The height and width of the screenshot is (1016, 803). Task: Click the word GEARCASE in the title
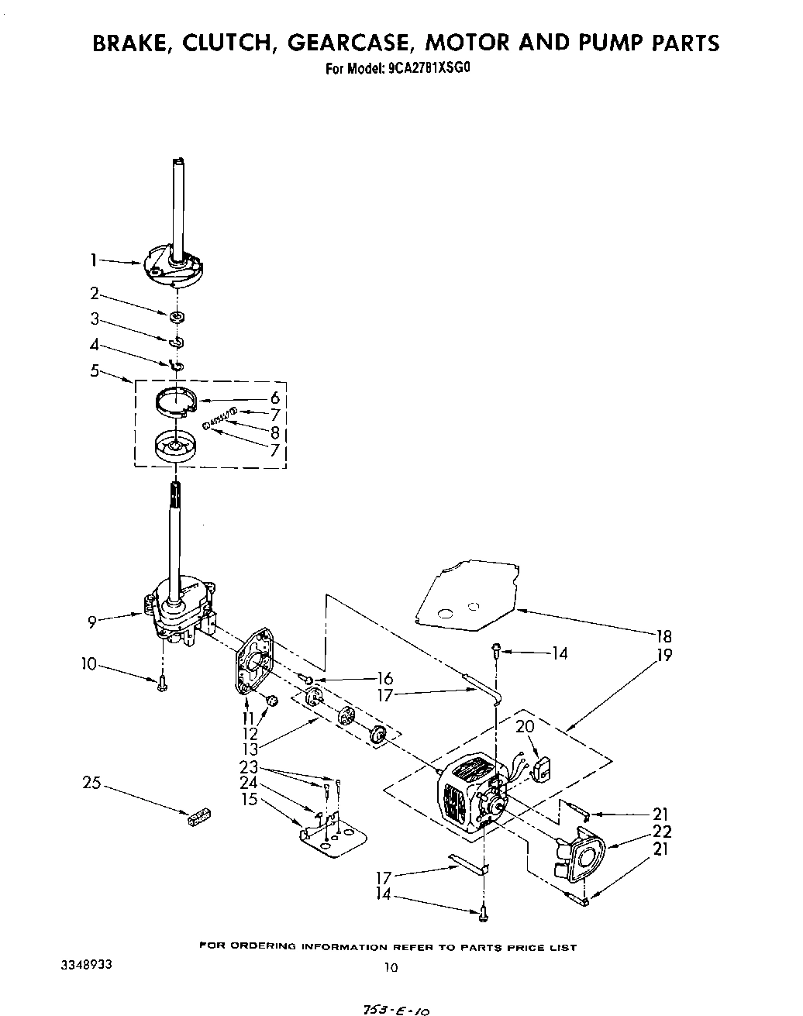[350, 43]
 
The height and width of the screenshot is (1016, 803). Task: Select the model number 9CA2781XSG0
[429, 67]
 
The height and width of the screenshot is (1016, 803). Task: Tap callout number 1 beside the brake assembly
[92, 261]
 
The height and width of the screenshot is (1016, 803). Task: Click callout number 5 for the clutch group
[95, 370]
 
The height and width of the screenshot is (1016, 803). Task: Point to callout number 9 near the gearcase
[92, 620]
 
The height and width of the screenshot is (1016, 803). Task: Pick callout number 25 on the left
[92, 783]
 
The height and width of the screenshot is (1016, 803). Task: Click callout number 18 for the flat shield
[663, 636]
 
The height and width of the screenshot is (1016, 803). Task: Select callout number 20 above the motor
[526, 727]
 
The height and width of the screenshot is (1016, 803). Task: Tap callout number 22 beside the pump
[662, 832]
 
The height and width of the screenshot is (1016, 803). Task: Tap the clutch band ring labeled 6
[174, 405]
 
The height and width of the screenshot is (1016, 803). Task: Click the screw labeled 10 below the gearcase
[162, 683]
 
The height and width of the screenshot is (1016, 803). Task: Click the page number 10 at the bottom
[391, 966]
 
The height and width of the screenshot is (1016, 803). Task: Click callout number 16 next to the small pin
[385, 678]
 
